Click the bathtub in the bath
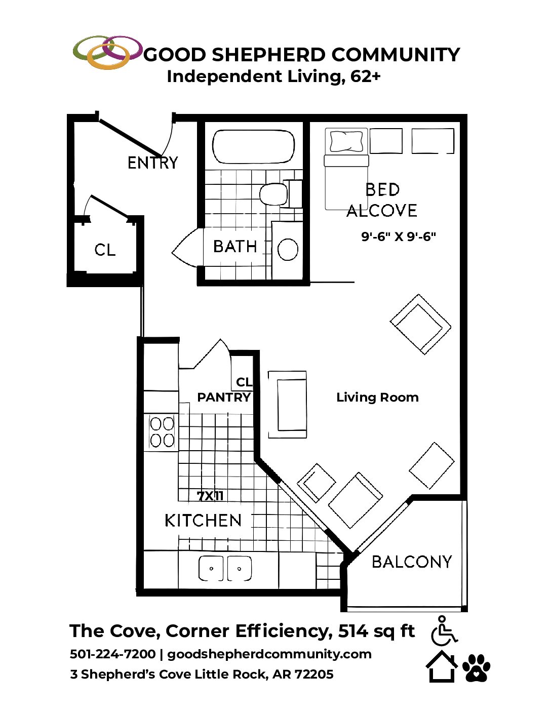pos(253,146)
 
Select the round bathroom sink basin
pos(288,249)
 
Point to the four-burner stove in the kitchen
pos(162,432)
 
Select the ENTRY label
pos(152,163)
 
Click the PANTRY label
pos(224,398)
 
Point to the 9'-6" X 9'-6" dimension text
pos(399,236)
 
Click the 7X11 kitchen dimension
pos(210,496)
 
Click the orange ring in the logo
pos(108,56)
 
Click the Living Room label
pos(377,398)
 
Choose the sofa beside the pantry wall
pos(287,405)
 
